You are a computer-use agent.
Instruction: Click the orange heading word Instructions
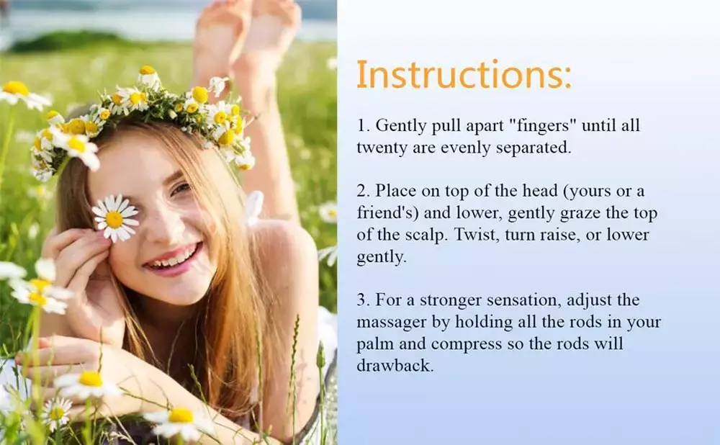click(x=464, y=74)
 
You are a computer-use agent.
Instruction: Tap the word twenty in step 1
click(x=382, y=148)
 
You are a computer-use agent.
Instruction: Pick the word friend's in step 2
click(x=387, y=212)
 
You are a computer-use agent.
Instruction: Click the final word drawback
click(x=395, y=366)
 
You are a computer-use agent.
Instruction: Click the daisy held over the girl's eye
click(x=114, y=217)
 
